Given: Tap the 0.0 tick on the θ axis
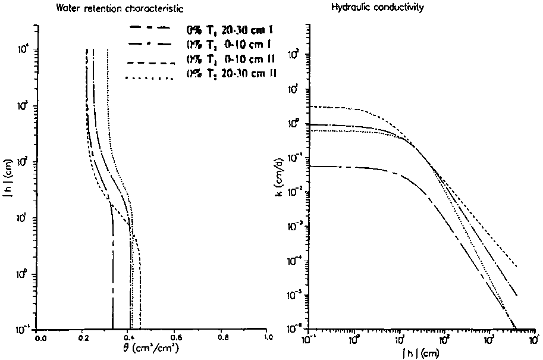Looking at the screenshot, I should [40, 337].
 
